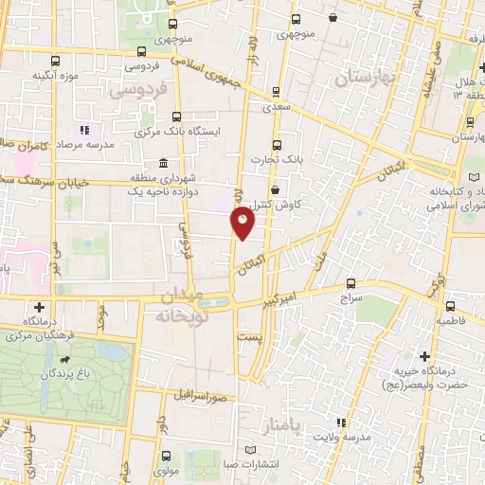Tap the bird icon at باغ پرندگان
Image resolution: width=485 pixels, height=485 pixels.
click(x=64, y=360)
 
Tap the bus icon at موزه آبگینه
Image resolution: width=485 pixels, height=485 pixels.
click(x=54, y=60)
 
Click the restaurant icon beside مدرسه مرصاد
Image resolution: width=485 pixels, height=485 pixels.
click(x=84, y=130)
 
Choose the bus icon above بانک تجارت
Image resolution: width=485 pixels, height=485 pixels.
click(x=277, y=145)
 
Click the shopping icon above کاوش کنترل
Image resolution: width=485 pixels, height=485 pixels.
click(x=275, y=189)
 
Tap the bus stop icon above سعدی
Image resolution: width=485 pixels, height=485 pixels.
click(x=275, y=92)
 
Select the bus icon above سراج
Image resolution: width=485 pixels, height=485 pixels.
click(x=350, y=282)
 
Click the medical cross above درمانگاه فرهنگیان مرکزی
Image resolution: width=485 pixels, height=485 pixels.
click(x=39, y=307)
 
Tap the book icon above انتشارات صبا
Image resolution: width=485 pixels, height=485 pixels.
click(x=250, y=449)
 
